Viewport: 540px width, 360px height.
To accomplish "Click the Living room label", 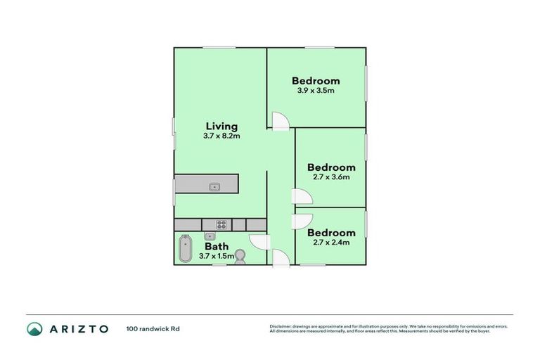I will [x=221, y=127].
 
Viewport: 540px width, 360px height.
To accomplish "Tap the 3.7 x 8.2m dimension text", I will [x=221, y=136].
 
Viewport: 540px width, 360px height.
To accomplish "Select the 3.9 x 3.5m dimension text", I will [x=316, y=91].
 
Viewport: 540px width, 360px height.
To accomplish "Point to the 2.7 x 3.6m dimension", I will [x=330, y=178].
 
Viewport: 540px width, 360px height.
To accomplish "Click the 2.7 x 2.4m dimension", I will [x=330, y=243].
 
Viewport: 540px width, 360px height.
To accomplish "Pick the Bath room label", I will [x=217, y=247].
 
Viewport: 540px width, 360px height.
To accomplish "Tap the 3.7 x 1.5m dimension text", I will [x=217, y=257].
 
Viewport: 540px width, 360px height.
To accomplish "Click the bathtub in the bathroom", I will [x=185, y=248].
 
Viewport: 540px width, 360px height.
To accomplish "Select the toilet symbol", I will [x=240, y=256].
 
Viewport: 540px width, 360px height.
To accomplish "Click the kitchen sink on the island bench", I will [x=214, y=186].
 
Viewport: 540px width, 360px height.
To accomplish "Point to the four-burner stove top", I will [x=221, y=225].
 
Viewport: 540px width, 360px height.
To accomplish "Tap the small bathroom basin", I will [x=210, y=236].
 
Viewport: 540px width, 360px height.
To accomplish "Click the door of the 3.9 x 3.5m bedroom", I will [x=280, y=121].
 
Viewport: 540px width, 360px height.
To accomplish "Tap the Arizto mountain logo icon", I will [x=34, y=329].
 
